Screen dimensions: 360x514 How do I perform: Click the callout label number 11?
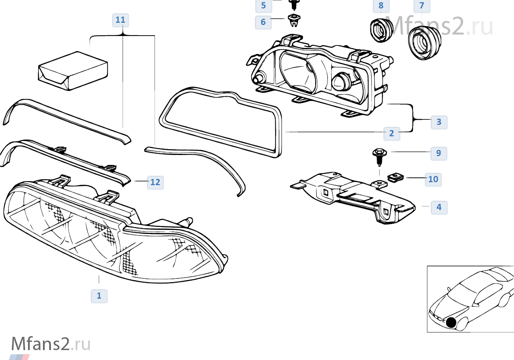point(120,20)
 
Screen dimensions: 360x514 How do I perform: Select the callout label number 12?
point(155,182)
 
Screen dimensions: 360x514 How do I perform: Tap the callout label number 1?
point(99,296)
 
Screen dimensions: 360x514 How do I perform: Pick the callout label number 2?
point(392,133)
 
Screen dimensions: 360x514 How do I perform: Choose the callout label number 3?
point(439,122)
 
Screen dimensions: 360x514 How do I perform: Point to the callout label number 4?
point(439,207)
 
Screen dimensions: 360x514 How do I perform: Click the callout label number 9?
point(439,153)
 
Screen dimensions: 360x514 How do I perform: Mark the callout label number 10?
point(433,179)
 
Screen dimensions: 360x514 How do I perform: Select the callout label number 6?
point(263,22)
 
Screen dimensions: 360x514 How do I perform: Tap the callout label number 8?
point(381,6)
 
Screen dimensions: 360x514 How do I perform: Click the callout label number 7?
point(422,6)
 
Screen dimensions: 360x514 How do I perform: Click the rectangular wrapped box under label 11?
point(73,71)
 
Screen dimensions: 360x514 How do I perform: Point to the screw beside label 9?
point(379,155)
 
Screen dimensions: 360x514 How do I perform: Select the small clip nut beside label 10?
point(395,177)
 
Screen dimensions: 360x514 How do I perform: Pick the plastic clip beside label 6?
point(294,20)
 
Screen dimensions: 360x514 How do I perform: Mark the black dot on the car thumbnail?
point(451,323)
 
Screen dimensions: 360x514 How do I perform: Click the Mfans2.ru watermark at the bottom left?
point(51,344)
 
